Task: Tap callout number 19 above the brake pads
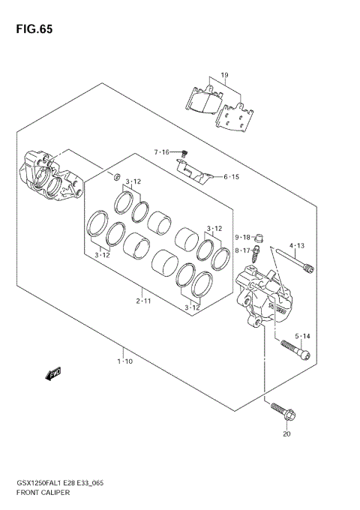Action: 223,76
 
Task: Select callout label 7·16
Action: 163,152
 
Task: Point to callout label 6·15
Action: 231,177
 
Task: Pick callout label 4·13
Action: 298,245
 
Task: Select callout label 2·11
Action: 144,301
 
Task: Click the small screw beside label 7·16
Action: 184,153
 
